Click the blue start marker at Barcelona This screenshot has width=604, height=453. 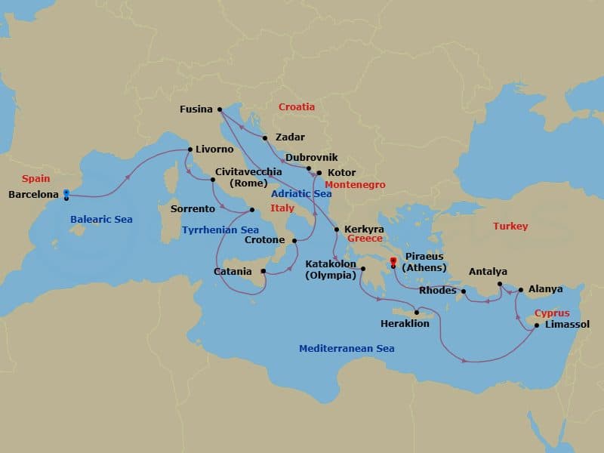click(x=66, y=193)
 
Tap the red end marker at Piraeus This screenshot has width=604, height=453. click(x=393, y=262)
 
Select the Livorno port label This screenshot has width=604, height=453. click(x=214, y=149)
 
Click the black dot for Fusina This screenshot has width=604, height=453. click(x=219, y=109)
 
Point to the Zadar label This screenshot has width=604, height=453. click(x=291, y=137)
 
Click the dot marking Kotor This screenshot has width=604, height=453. click(x=319, y=173)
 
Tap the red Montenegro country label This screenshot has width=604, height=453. click(x=355, y=185)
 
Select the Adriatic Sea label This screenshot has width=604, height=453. click(x=301, y=194)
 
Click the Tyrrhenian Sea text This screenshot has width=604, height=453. click(x=220, y=230)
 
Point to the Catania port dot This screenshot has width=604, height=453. click(x=264, y=271)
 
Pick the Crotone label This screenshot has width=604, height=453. click(x=265, y=241)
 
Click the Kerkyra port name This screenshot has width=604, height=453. click(x=364, y=229)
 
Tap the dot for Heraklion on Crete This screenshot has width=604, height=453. click(x=416, y=312)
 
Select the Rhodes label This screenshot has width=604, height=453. click(x=438, y=291)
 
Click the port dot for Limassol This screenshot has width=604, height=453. click(x=536, y=325)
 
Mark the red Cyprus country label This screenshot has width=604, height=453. click(x=552, y=313)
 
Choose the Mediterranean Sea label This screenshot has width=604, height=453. click(x=347, y=349)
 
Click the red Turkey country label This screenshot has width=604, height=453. click(x=510, y=226)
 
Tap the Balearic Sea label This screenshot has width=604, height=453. click(x=101, y=220)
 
